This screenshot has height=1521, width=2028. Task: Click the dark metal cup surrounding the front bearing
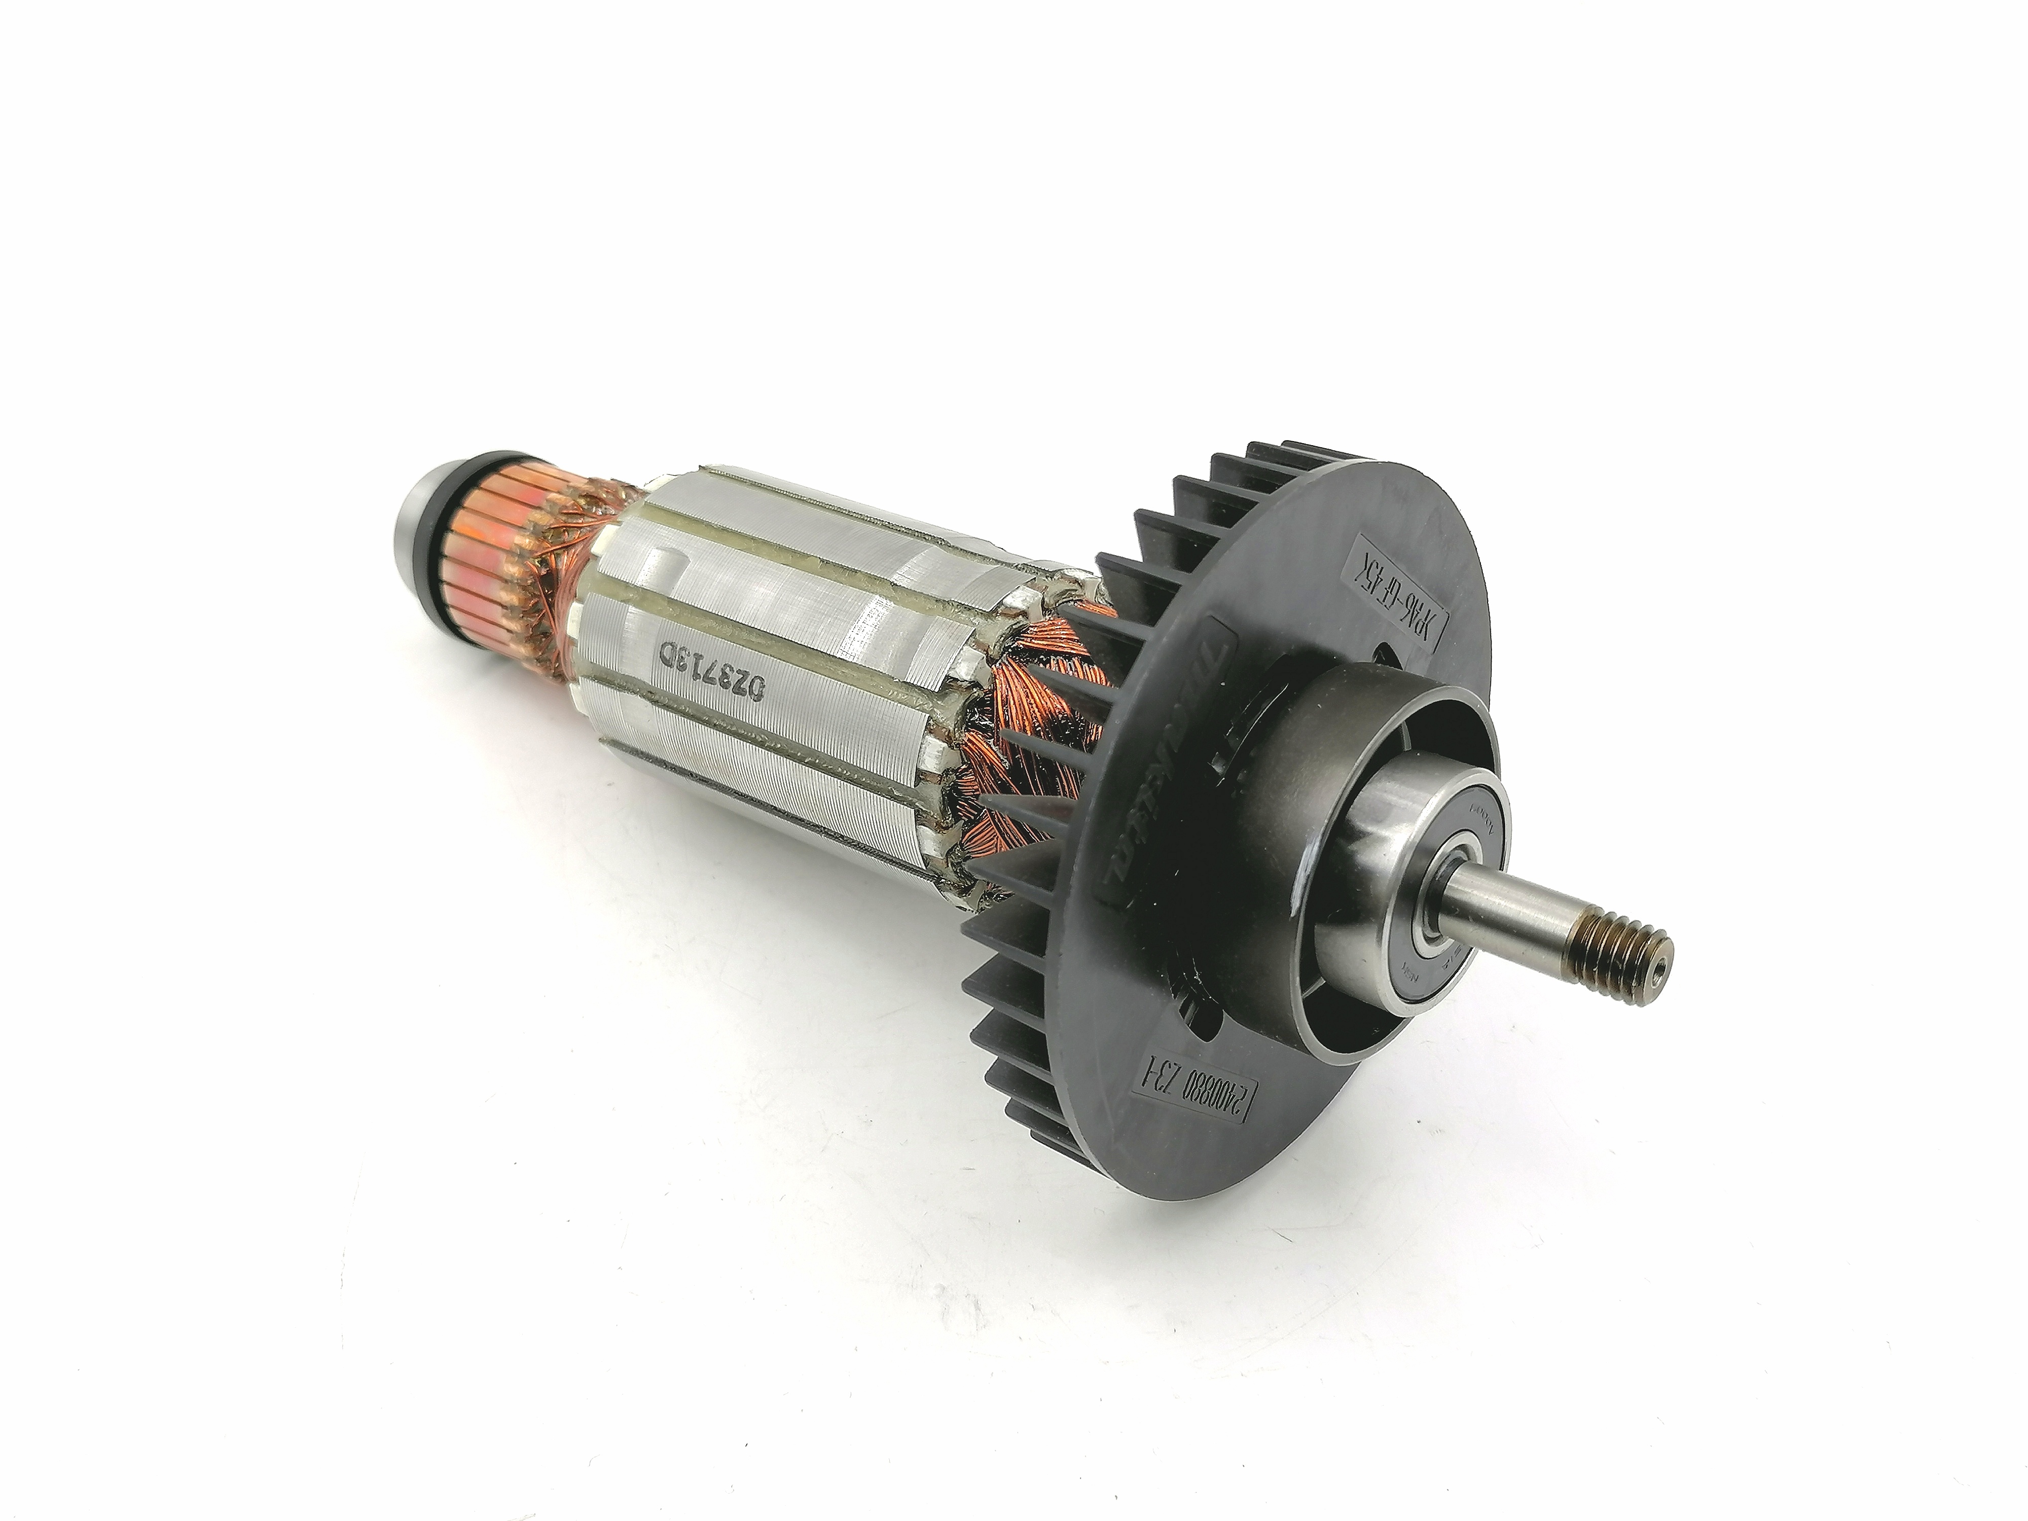point(1284,807)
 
